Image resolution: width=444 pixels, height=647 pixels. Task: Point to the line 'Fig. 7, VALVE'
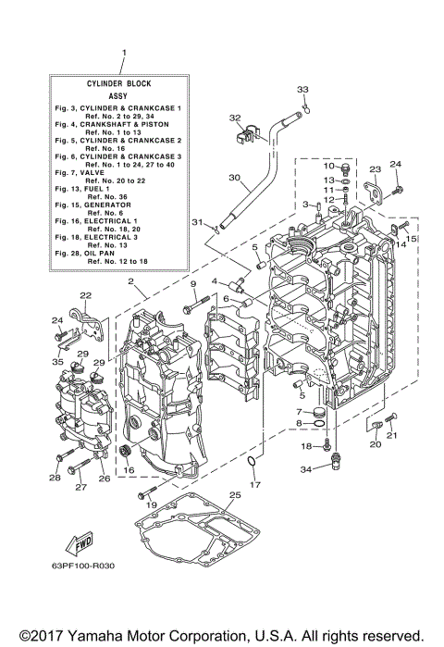point(82,172)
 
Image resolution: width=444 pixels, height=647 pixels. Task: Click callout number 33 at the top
point(302,88)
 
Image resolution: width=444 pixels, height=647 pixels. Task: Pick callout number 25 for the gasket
point(234,496)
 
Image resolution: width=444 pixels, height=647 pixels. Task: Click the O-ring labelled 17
point(252,462)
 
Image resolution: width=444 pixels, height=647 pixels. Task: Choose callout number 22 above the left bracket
point(85,295)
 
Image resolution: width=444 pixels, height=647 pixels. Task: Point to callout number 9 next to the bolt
point(194,283)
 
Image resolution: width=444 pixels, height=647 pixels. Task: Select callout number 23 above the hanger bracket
point(376,169)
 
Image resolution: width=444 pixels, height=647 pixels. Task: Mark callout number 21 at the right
point(392,435)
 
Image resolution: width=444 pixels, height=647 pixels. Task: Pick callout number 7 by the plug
point(299,411)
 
